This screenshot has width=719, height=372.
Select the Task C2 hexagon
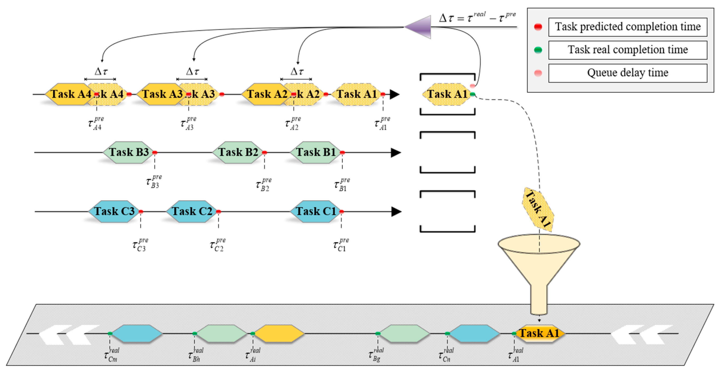192,211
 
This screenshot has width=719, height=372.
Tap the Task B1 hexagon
315,152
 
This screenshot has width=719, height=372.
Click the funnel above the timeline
539,268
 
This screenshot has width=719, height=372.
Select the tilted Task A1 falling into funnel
538,209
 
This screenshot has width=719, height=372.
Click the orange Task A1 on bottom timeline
539,333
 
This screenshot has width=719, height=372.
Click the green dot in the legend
538,50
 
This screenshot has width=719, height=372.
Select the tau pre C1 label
341,244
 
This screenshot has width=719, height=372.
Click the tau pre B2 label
263,184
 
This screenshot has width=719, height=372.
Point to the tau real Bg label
376,354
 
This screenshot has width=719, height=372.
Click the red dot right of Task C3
141,212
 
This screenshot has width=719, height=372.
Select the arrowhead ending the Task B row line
395,153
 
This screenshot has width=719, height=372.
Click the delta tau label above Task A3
192,71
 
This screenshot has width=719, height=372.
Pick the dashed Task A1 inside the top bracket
447,94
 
